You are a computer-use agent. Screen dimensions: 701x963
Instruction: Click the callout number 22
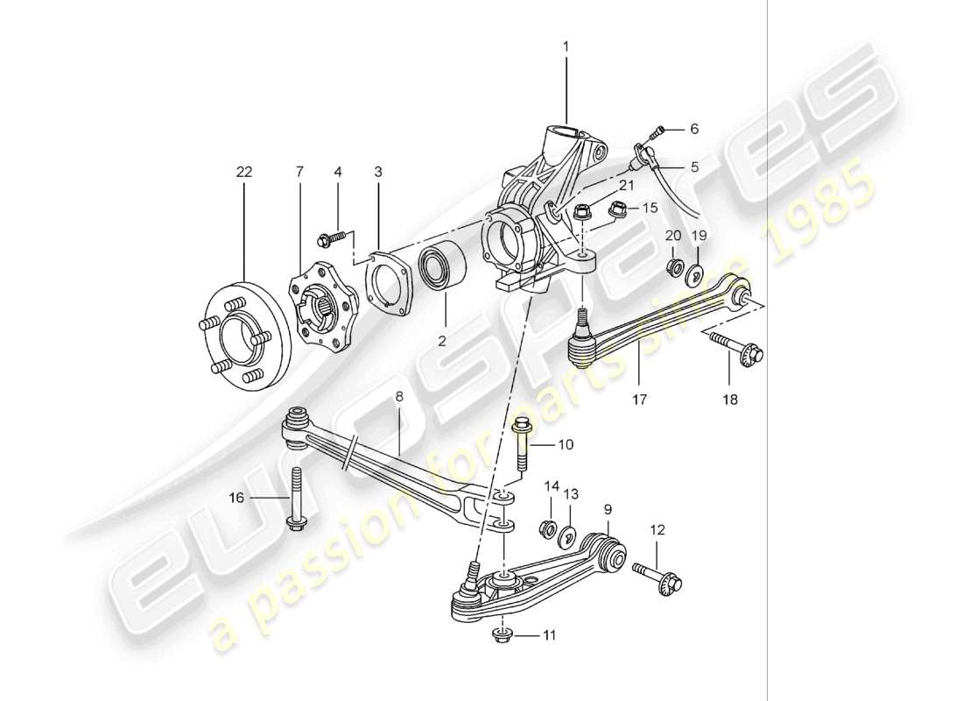tap(243, 173)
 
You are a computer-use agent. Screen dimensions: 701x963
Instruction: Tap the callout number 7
tap(299, 173)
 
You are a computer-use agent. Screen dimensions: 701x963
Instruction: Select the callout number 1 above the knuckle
tap(566, 45)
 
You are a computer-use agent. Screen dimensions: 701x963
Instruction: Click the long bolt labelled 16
tap(295, 501)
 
